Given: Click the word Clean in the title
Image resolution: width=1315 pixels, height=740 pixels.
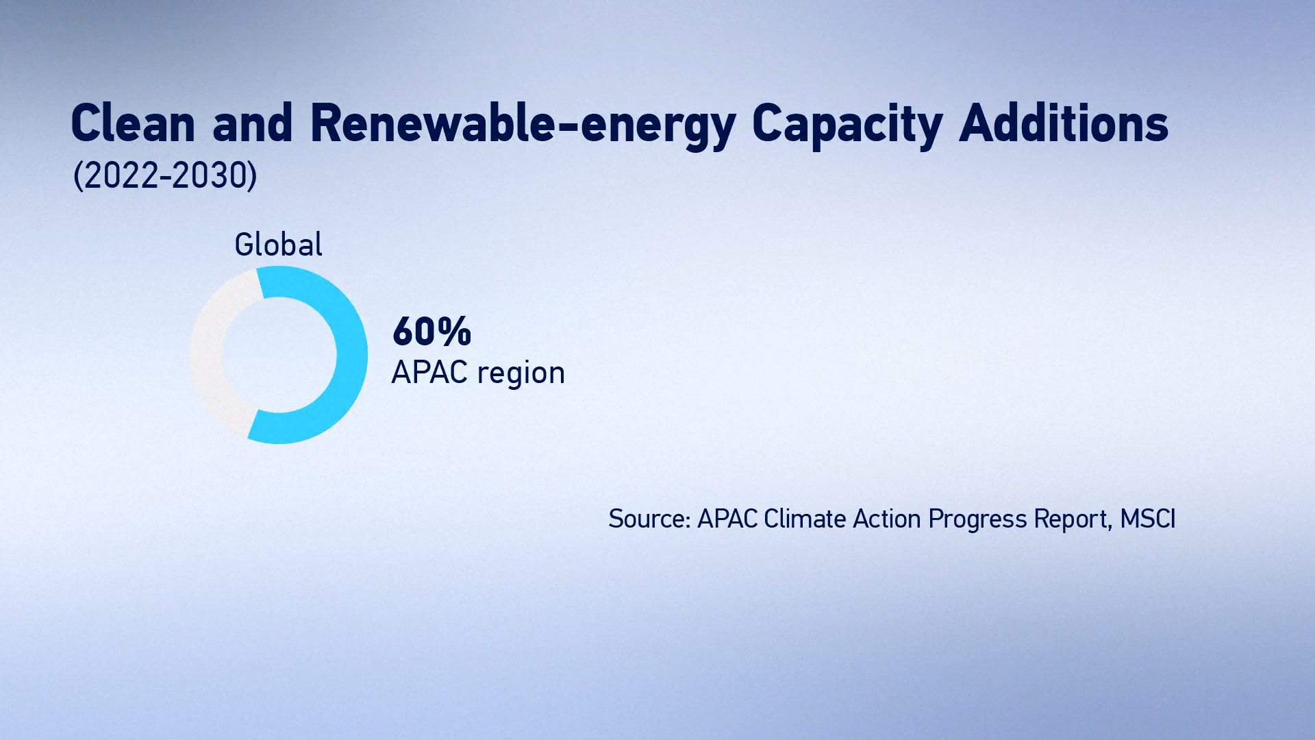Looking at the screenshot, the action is [x=133, y=124].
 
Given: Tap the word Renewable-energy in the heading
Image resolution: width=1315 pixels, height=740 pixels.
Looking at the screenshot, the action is [x=523, y=126].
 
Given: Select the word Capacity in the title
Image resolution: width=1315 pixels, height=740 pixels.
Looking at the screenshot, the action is [x=847, y=126].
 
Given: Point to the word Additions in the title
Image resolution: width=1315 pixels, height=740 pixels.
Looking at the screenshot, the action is [x=1064, y=123].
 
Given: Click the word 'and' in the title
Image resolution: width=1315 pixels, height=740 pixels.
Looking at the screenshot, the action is [x=253, y=123].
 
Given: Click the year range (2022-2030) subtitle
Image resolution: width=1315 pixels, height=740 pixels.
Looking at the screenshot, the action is [x=165, y=175].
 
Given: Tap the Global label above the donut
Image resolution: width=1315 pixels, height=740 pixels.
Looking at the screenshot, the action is [x=278, y=245].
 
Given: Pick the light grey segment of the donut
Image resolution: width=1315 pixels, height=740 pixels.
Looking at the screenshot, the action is [x=206, y=355].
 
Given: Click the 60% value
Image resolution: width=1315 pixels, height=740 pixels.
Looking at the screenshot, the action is [x=431, y=332].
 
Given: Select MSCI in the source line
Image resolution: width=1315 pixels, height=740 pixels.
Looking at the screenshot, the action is [x=1148, y=519].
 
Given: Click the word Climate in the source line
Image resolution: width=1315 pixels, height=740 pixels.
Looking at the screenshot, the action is [x=805, y=519].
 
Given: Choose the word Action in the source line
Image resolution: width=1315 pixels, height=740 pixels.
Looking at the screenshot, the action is [x=887, y=519].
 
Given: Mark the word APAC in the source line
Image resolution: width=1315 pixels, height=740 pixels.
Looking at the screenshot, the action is [x=727, y=519].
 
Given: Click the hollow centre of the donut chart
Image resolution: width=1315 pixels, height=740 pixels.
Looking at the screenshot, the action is [x=279, y=355].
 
